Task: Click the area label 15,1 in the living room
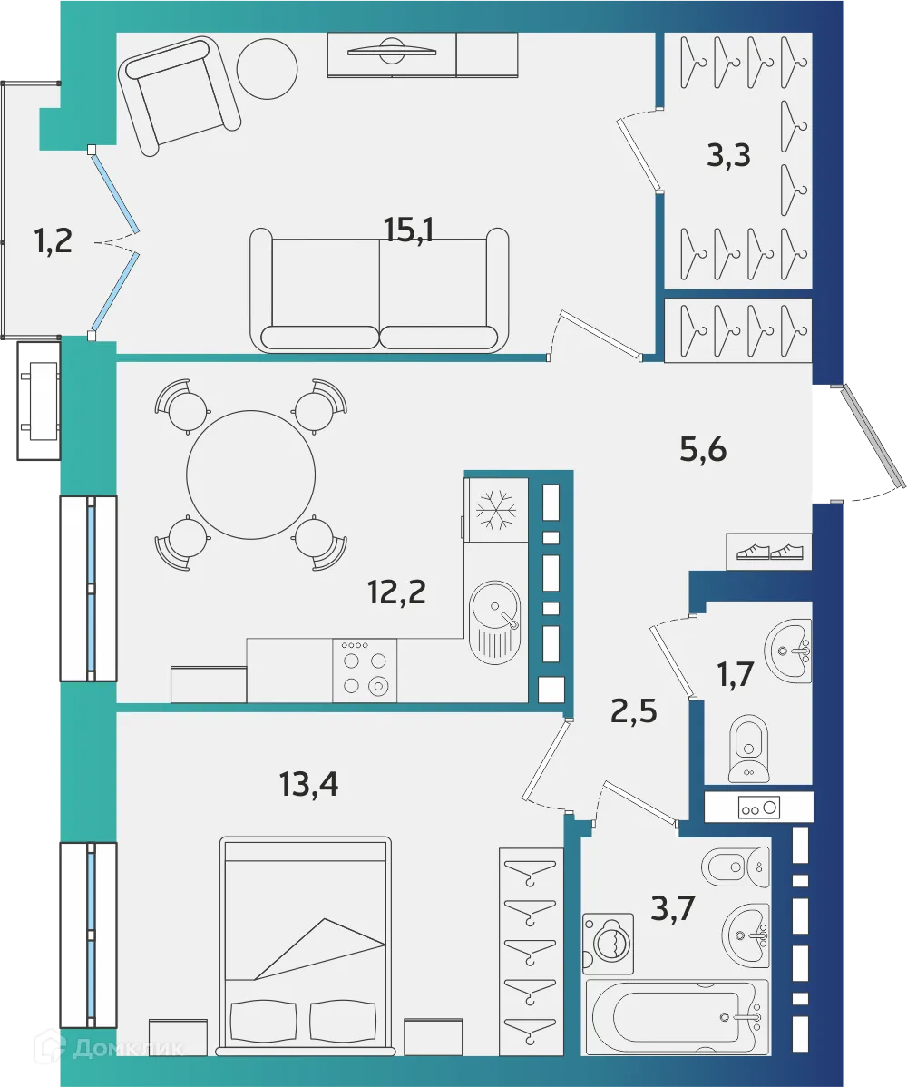coord(409,230)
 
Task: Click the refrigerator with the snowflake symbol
coord(495,510)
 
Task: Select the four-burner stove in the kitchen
coord(365,671)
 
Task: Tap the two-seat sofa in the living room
coord(379,290)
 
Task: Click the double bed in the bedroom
coord(307,944)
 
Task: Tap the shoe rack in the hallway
coord(769,551)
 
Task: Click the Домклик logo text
coord(127,1048)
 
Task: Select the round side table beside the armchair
coord(267,68)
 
